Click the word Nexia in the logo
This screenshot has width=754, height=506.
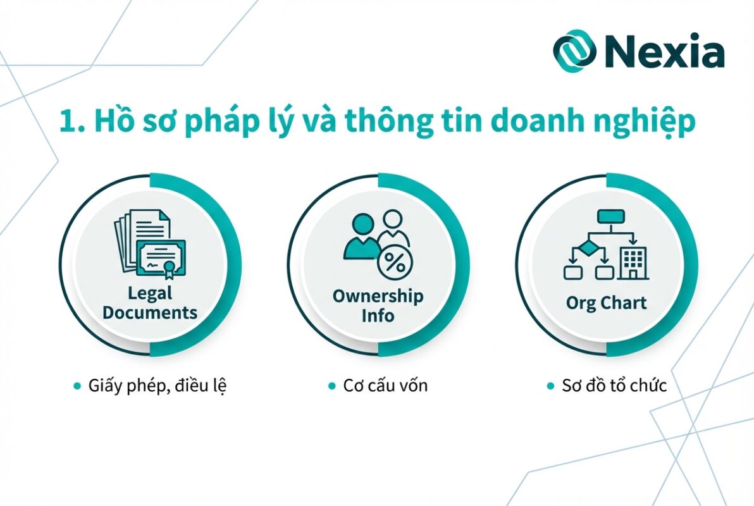[664, 51]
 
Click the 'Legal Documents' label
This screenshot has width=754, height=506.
[150, 303]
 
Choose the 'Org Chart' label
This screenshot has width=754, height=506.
[606, 303]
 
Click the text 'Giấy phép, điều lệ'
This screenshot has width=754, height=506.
[156, 385]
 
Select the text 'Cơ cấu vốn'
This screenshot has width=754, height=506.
[385, 385]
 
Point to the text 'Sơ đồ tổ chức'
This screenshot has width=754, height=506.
[614, 385]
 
